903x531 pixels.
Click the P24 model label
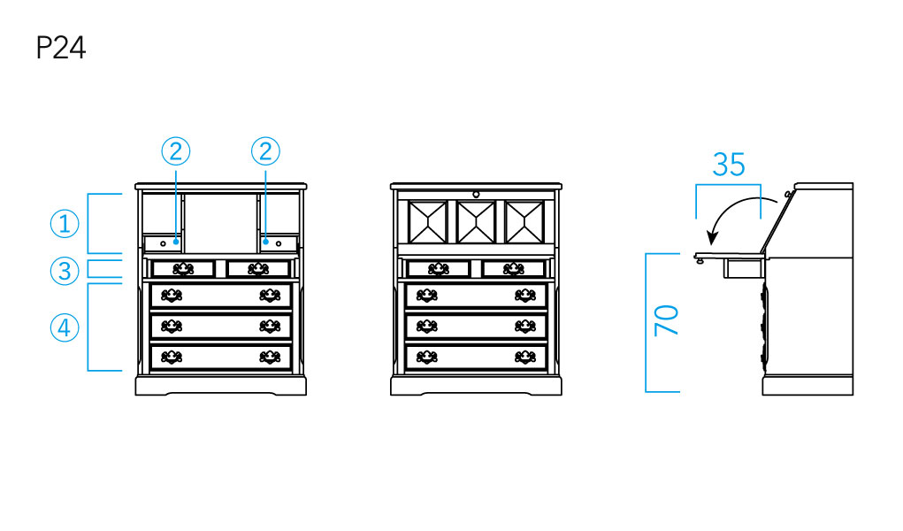click(x=60, y=48)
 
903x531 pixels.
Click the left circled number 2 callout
click(x=176, y=151)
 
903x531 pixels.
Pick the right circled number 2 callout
click(x=264, y=151)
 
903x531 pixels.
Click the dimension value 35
click(x=729, y=165)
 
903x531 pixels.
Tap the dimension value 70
click(x=666, y=319)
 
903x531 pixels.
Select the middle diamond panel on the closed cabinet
click(x=476, y=221)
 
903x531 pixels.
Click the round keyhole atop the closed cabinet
click(x=476, y=193)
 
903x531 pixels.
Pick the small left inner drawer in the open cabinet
click(x=163, y=242)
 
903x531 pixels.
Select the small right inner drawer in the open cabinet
click(x=279, y=242)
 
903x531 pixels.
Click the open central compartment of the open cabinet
click(x=220, y=221)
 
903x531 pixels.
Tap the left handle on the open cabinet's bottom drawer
click(x=172, y=357)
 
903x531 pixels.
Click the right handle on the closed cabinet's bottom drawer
click(x=525, y=357)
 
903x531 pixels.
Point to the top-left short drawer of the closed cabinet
click(x=439, y=268)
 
